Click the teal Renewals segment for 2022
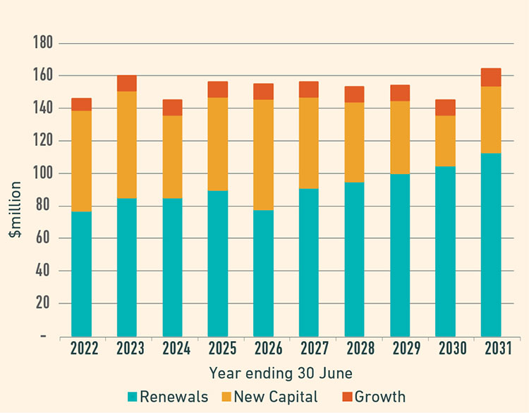point(81,273)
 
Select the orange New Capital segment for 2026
point(263,155)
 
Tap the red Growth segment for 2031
point(491,78)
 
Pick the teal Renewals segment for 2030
point(445,251)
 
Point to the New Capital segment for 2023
point(127,145)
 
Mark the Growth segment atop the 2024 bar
point(172,108)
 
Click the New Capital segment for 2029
point(400,137)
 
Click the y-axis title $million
point(16,209)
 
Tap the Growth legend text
point(380,397)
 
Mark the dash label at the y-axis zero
point(43,337)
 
